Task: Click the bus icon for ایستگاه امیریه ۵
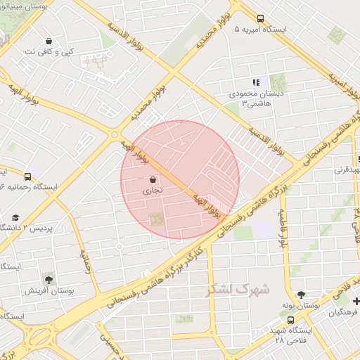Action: pyautogui.click(x=260, y=19)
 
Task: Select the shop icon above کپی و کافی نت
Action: pyautogui.click(x=48, y=41)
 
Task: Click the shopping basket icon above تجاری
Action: pyautogui.click(x=153, y=179)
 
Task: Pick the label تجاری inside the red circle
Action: pyautogui.click(x=153, y=190)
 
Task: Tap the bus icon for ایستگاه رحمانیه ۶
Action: pyautogui.click(x=28, y=176)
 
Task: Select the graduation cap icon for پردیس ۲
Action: pyautogui.click(x=15, y=218)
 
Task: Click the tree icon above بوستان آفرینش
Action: pyautogui.click(x=48, y=279)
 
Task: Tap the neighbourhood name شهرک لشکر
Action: pyautogui.click(x=238, y=289)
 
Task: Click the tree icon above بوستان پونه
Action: pyautogui.click(x=301, y=295)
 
